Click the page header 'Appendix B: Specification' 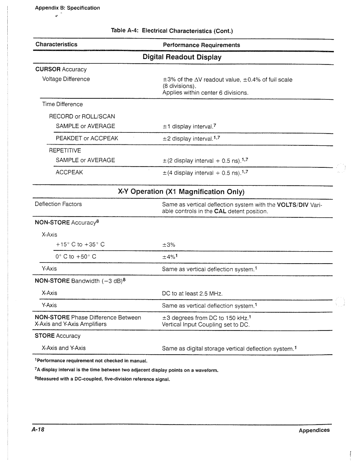point(67,8)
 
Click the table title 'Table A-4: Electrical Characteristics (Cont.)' point(172,31)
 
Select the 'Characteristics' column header point(56,44)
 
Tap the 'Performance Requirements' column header point(201,45)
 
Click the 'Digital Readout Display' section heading point(182,57)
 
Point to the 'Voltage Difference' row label point(66,79)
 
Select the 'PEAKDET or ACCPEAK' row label point(87,138)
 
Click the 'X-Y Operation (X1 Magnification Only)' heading point(181,192)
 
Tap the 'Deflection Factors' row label point(58,204)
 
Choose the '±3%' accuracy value point(169,245)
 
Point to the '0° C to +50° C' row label point(76,257)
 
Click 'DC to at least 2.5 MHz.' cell point(192,294)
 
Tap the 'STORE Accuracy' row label point(58,336)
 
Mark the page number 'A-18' point(38,430)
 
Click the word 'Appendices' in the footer point(314,430)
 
